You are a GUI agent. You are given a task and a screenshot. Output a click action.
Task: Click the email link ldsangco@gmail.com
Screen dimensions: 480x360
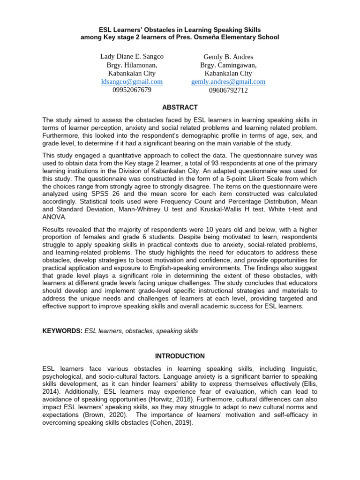tap(132, 82)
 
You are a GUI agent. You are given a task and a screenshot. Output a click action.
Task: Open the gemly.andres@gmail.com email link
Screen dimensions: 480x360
tap(228, 82)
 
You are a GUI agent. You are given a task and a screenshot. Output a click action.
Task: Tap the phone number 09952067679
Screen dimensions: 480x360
tap(132, 90)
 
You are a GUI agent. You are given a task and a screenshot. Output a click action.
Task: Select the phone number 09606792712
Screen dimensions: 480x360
tap(228, 90)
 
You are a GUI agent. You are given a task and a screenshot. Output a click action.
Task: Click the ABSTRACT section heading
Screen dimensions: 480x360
tap(180, 107)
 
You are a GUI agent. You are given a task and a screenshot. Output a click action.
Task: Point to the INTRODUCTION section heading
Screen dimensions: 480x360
tap(180, 356)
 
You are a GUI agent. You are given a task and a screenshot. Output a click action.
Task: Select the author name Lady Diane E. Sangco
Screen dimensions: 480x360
tap(132, 57)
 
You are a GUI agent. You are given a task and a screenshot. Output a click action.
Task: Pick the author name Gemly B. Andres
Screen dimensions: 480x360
tap(228, 57)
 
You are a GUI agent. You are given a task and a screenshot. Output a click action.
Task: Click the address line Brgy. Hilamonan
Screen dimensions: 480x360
tap(132, 65)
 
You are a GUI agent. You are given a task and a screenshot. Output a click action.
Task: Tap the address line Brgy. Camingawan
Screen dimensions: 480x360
tap(228, 65)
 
